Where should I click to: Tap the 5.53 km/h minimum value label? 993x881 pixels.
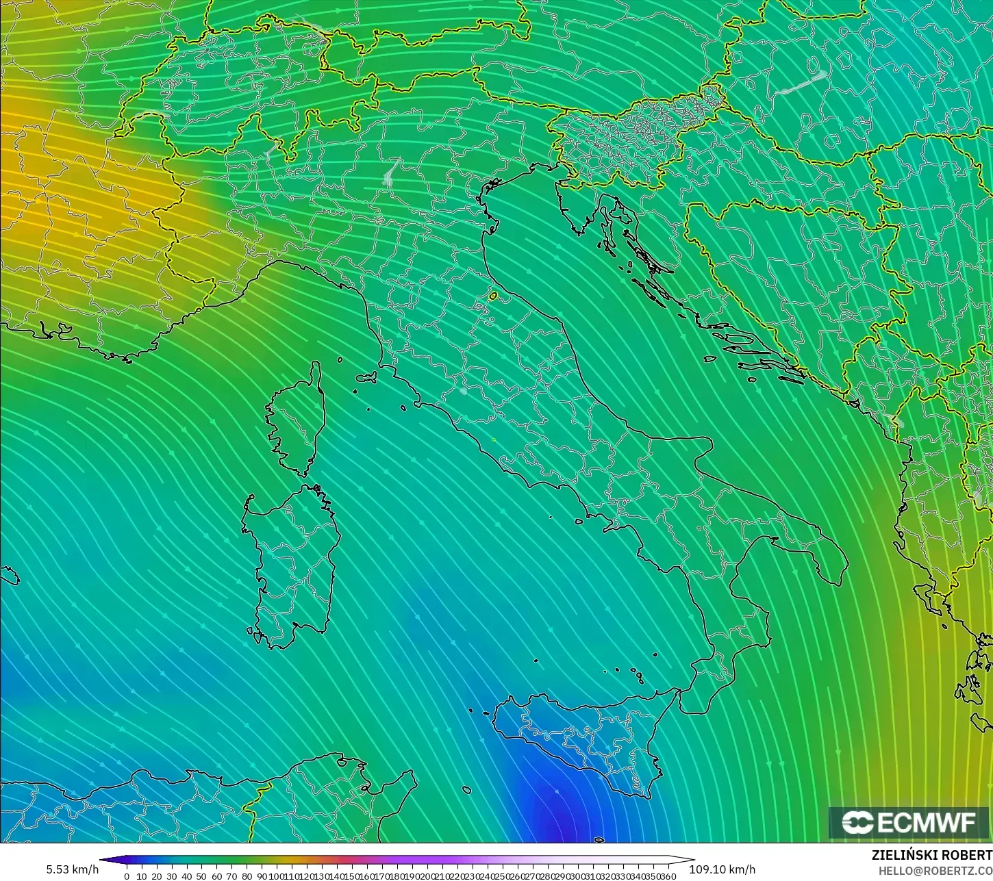coord(73,869)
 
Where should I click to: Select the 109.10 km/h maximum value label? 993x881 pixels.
coord(722,869)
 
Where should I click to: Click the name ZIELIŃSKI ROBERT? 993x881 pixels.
coord(931,856)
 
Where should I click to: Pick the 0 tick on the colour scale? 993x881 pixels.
coord(127,876)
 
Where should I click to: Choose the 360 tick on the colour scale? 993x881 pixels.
coord(668,876)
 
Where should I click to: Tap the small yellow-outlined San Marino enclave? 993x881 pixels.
coord(493,296)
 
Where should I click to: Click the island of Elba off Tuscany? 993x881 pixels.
coord(367,376)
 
